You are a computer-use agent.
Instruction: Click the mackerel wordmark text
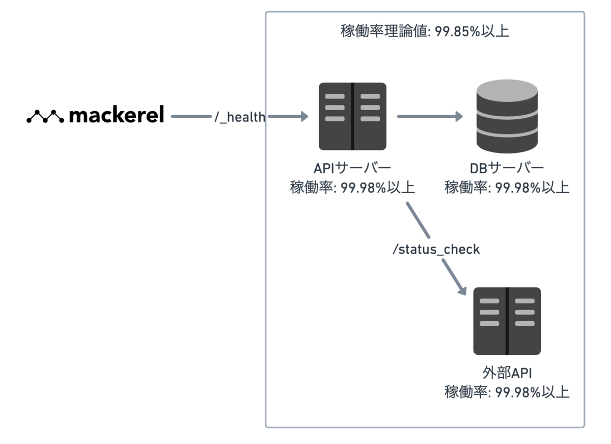tap(117, 114)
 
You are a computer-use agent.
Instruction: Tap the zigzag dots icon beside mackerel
tap(45, 116)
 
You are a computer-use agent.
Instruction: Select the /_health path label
tap(240, 117)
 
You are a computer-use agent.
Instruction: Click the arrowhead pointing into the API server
tap(304, 116)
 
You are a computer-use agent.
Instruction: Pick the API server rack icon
tap(352, 116)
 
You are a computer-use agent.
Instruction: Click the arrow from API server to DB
tap(430, 116)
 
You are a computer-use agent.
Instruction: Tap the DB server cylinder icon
tap(507, 116)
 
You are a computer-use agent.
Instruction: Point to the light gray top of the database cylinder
tap(507, 90)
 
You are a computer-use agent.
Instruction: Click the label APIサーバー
tap(352, 168)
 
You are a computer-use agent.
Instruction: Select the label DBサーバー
tap(507, 168)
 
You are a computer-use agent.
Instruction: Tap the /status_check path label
tap(436, 249)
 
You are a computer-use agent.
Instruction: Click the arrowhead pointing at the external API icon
tap(462, 290)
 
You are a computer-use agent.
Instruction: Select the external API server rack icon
tap(507, 321)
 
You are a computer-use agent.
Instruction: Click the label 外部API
tap(507, 373)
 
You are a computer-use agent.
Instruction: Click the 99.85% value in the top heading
tap(457, 31)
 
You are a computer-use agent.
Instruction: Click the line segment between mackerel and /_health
tap(191, 116)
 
